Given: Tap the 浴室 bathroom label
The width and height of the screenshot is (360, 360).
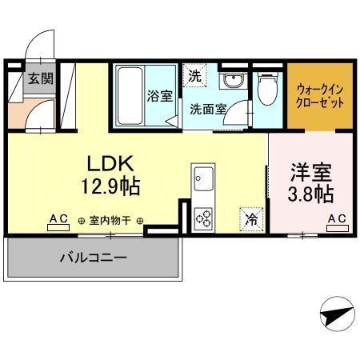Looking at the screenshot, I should coord(159,96).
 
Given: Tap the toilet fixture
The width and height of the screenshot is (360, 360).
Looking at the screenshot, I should coord(266,90).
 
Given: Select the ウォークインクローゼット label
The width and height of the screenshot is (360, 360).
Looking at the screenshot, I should coord(320,97).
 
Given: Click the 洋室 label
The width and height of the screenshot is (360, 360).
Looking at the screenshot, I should coord(310,171).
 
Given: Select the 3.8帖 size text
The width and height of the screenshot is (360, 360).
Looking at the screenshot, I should coord(310,194).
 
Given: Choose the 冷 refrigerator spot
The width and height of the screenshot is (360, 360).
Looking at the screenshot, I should coord(250,216).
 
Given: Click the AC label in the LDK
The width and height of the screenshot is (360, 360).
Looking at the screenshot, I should coord(58,219).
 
